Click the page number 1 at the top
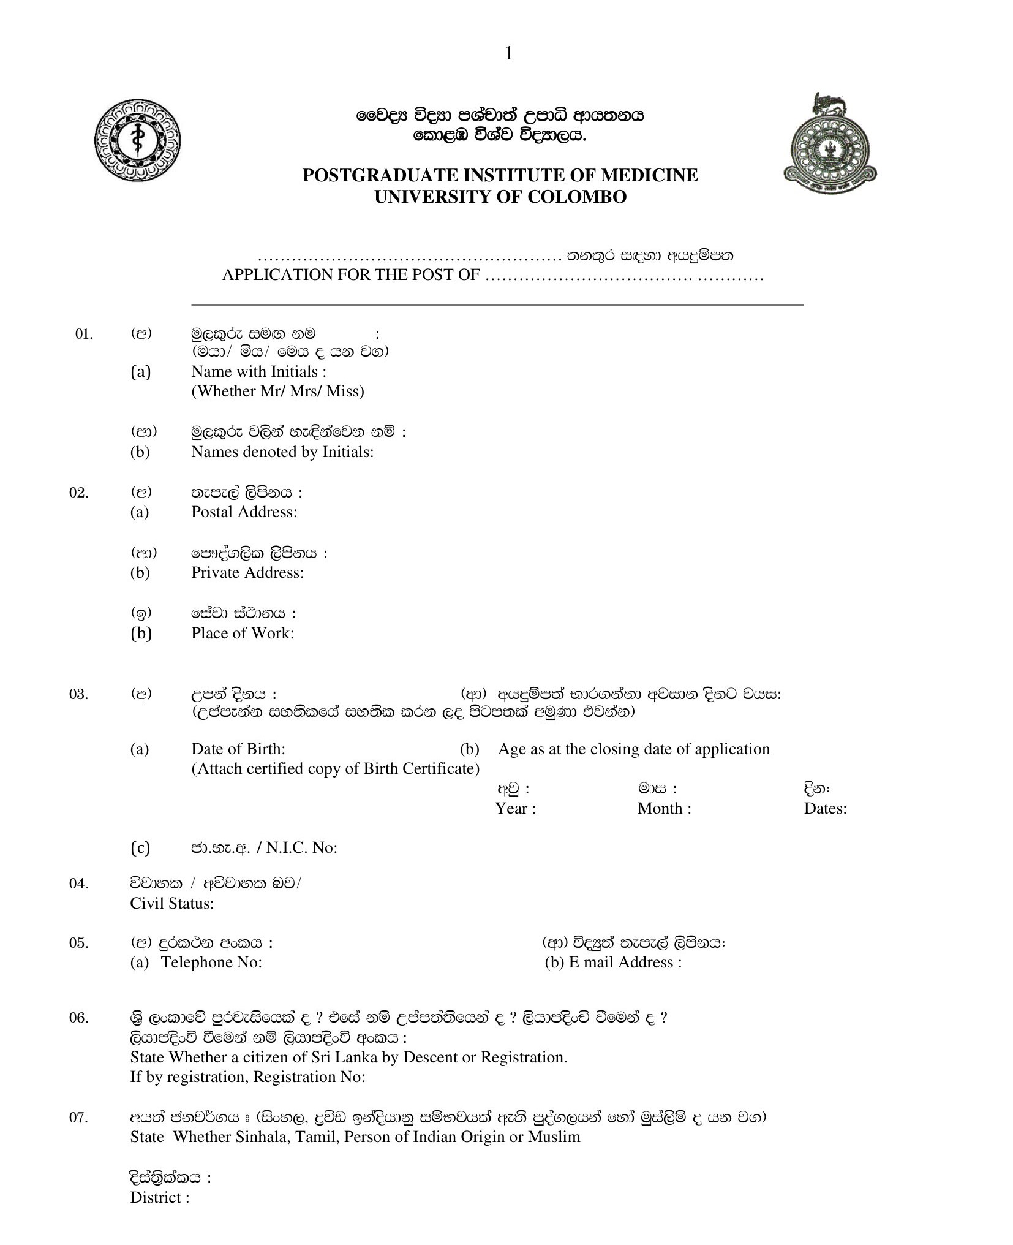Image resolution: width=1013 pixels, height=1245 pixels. pyautogui.click(x=508, y=54)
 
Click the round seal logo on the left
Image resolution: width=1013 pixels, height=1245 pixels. pyautogui.click(x=138, y=140)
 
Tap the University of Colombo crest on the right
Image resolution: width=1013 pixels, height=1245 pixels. pyautogui.click(x=829, y=145)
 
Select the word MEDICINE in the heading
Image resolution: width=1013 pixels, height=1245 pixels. pyautogui.click(x=649, y=175)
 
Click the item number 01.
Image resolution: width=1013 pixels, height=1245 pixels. pyautogui.click(x=84, y=334)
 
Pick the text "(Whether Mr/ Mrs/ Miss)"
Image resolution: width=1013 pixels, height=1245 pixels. pyautogui.click(x=277, y=391)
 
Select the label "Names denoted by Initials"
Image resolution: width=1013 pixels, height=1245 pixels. pyautogui.click(x=282, y=452)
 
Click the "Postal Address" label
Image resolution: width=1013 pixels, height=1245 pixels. pyautogui.click(x=244, y=512)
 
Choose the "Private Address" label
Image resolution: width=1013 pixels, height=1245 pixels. pyautogui.click(x=247, y=572)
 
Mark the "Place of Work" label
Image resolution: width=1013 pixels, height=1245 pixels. pyautogui.click(x=243, y=633)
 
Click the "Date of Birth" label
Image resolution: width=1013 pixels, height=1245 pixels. pyautogui.click(x=238, y=749)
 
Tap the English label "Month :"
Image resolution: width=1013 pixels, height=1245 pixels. pyautogui.click(x=664, y=808)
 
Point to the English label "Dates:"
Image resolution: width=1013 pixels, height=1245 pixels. pyautogui.click(x=825, y=808)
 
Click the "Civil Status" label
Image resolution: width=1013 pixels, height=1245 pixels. pyautogui.click(x=172, y=903)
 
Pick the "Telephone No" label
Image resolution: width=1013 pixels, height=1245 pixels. pyautogui.click(x=211, y=962)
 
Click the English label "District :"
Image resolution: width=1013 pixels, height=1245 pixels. pyautogui.click(x=159, y=1197)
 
